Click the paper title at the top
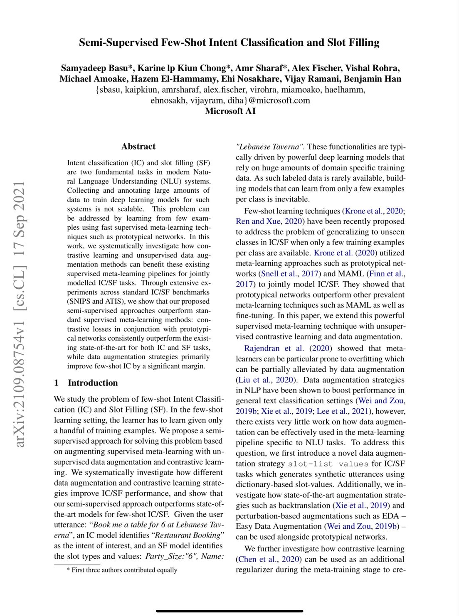tap(229, 43)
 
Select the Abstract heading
tap(138, 147)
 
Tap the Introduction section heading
tap(93, 383)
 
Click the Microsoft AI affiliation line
tap(230, 111)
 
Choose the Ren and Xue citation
tap(258, 221)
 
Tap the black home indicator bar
tap(229, 611)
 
